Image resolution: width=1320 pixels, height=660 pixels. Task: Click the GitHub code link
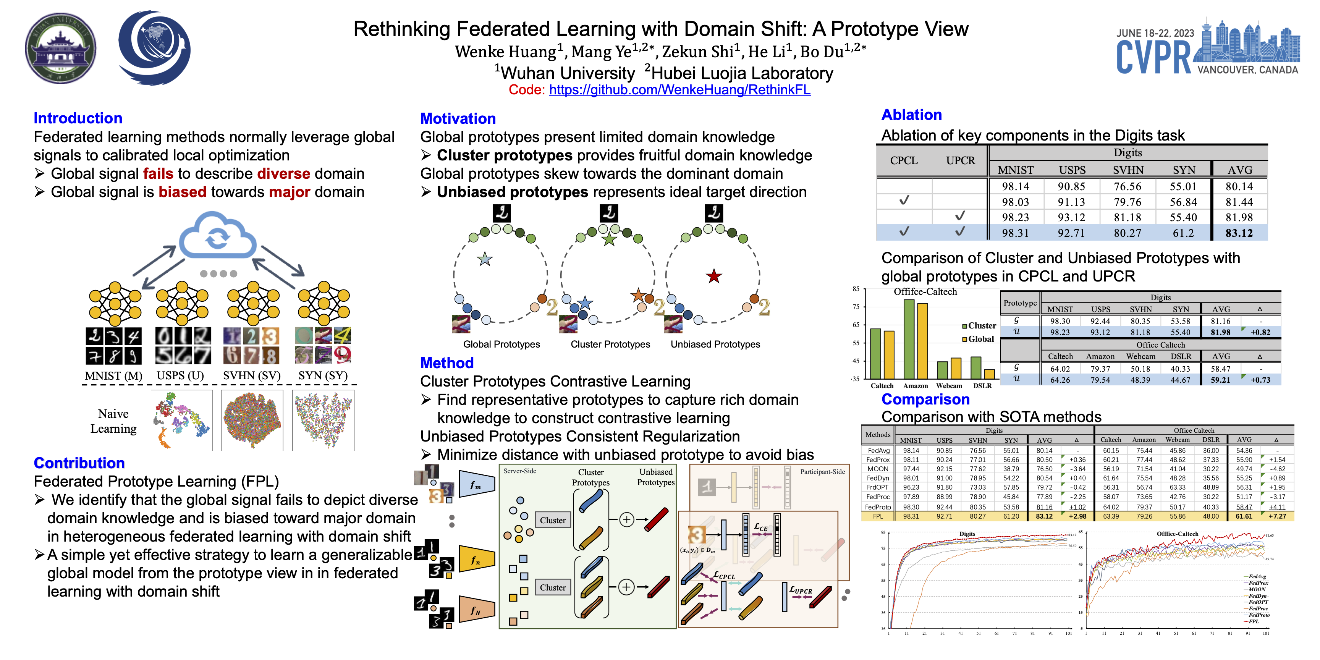click(679, 90)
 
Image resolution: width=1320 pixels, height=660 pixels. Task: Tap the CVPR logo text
click(1154, 57)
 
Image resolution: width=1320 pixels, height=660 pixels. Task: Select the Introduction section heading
click(78, 118)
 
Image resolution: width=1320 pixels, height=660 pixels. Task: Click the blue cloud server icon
click(217, 237)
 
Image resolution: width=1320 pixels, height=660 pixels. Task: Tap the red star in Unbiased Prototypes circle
click(714, 276)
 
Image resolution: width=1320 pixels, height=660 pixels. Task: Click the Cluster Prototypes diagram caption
click(610, 345)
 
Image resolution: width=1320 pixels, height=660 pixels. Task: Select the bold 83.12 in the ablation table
click(1239, 233)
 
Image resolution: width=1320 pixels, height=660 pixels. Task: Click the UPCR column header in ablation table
click(960, 160)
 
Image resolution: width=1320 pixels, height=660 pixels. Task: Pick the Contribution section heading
click(79, 463)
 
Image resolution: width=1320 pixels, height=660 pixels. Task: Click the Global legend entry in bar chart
click(980, 339)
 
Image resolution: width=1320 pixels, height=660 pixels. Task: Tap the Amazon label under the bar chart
click(915, 386)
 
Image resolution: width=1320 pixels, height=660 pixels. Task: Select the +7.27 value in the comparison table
click(1277, 516)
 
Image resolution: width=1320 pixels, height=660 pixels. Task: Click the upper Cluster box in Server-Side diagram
click(552, 520)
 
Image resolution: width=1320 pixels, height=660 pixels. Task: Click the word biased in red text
click(183, 192)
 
